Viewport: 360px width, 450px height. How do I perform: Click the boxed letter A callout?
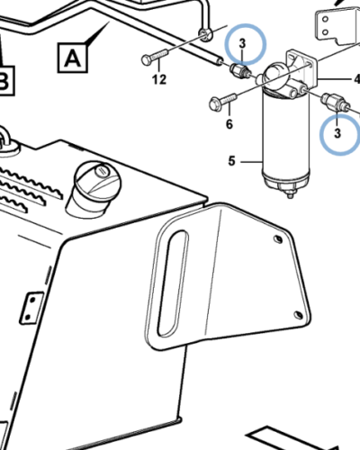pos(72,58)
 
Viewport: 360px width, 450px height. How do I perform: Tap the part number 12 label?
pos(159,80)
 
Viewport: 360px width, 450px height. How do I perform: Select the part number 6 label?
pos(229,124)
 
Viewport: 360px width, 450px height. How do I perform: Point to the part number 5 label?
pos(231,161)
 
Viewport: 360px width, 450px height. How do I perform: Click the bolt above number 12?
pos(155,57)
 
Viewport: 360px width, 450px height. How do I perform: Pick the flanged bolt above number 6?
pos(223,102)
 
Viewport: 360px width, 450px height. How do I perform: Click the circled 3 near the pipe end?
pos(246,44)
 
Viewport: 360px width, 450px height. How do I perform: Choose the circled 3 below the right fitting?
pos(339,133)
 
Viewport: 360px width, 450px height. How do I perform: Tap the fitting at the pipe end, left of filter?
pos(240,71)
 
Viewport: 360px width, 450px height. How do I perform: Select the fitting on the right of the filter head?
pos(335,102)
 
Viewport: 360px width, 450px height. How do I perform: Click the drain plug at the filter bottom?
pos(290,193)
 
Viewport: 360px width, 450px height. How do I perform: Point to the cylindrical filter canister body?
pos(286,135)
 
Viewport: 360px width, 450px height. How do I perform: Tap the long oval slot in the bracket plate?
pos(173,283)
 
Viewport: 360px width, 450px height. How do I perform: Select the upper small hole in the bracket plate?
pos(278,239)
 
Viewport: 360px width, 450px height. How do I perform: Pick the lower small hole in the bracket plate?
pos(299,315)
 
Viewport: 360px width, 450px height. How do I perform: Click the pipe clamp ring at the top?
pos(205,34)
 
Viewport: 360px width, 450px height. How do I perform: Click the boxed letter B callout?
pos(6,80)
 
